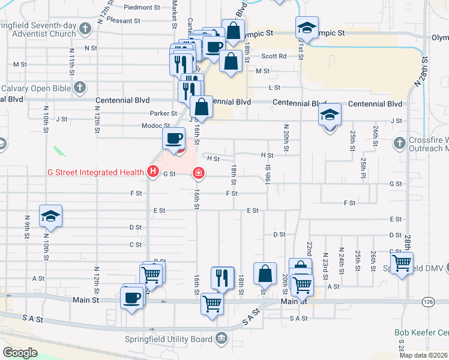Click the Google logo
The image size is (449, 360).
(20, 352)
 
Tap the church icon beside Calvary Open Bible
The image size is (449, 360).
(79, 88)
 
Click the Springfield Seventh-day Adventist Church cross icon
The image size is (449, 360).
(85, 28)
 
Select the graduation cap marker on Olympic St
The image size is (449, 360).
(307, 28)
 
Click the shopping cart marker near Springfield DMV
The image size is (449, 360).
(402, 262)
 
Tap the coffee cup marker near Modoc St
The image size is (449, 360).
(173, 138)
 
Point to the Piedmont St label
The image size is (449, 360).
(142, 8)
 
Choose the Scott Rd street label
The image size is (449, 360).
(273, 56)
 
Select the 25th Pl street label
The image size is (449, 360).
(364, 163)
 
